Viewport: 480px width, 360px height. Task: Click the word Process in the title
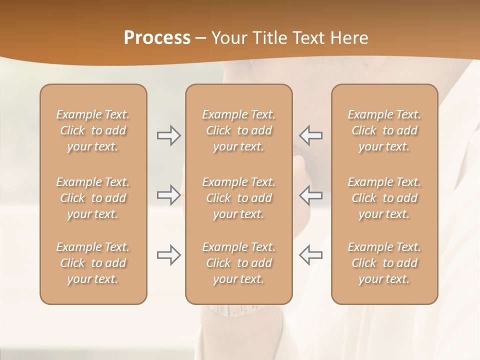click(157, 38)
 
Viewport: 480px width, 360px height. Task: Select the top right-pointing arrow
click(168, 135)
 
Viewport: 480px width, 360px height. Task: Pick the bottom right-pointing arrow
click(168, 255)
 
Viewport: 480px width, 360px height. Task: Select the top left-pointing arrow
click(311, 135)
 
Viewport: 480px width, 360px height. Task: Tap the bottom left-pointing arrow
click(311, 255)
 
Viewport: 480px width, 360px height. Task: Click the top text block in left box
click(93, 130)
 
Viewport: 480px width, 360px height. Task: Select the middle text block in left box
click(93, 198)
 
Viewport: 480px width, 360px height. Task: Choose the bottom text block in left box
click(93, 263)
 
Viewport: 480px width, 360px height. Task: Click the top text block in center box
click(238, 130)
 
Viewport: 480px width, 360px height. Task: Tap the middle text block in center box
click(238, 198)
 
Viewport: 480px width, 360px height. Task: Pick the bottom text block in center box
click(238, 263)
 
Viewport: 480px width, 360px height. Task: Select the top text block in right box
click(384, 130)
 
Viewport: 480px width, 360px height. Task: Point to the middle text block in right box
click(384, 198)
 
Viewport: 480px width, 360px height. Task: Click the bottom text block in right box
click(384, 263)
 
